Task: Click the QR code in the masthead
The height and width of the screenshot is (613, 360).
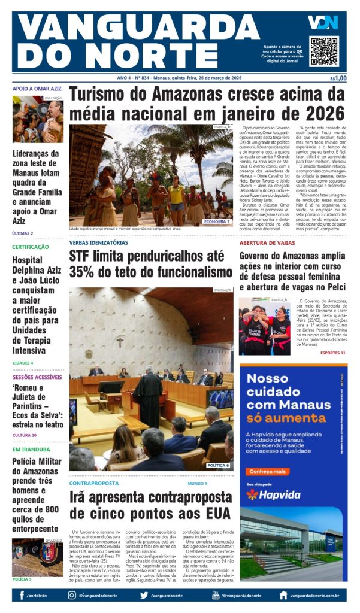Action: (x=324, y=51)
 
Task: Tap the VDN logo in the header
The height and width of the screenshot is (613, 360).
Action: (x=323, y=22)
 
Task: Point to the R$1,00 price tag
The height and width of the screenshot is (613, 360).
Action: (x=338, y=78)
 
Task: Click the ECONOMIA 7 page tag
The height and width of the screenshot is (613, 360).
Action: (x=216, y=221)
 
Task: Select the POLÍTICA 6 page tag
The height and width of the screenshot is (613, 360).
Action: (x=218, y=465)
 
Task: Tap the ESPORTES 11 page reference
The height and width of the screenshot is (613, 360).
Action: (x=333, y=353)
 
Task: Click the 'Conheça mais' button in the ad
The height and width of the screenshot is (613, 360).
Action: (x=267, y=471)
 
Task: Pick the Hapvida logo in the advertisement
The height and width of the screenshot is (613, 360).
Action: (x=275, y=494)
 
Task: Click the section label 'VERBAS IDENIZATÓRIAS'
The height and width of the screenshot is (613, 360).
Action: (x=98, y=243)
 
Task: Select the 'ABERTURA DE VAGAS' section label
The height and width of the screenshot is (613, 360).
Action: (x=267, y=243)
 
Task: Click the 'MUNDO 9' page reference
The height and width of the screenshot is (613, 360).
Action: (x=197, y=483)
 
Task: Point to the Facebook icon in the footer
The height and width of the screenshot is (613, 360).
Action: (x=22, y=596)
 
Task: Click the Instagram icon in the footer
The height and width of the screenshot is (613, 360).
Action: (x=72, y=596)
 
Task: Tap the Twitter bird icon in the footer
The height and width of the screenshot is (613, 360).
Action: (x=144, y=596)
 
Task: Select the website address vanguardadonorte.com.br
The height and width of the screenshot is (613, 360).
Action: (x=314, y=596)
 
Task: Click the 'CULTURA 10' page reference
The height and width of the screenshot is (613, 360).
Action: (x=25, y=435)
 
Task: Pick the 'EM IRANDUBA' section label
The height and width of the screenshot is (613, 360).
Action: (x=32, y=449)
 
